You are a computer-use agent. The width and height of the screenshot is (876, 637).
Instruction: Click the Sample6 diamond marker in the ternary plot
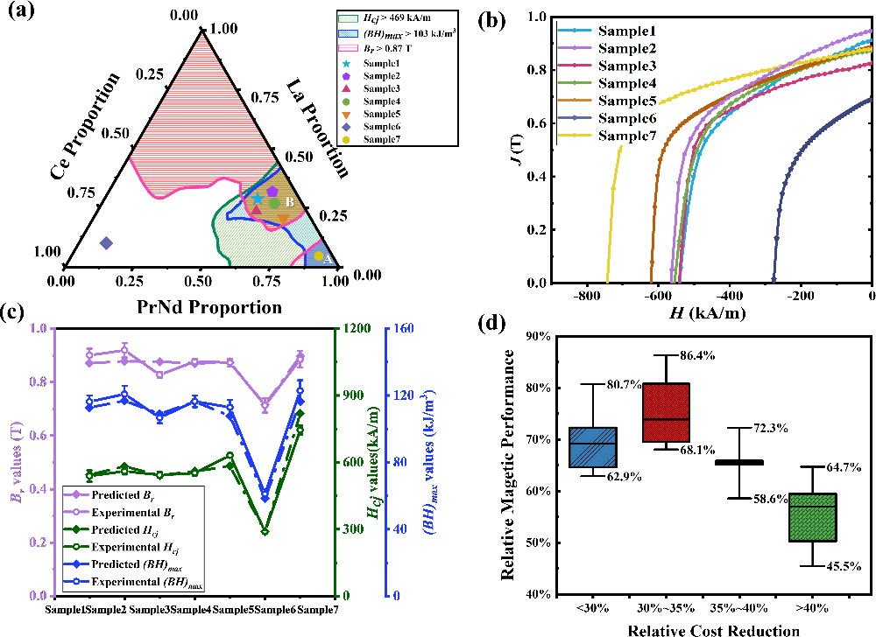click(x=106, y=242)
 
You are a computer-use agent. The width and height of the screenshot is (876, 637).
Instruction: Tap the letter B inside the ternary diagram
click(x=289, y=202)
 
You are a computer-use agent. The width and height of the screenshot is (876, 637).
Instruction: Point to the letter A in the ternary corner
click(x=327, y=260)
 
